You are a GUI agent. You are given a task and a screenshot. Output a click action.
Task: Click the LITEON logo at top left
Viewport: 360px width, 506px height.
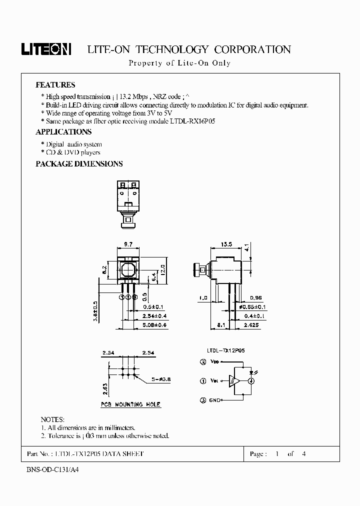tap(46, 48)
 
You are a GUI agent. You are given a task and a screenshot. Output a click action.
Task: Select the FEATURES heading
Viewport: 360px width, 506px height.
tap(55, 85)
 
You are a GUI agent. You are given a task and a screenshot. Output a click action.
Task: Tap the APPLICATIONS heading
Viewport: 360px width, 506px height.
tap(63, 132)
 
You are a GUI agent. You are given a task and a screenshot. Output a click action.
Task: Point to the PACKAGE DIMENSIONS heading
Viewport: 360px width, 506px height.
tap(79, 164)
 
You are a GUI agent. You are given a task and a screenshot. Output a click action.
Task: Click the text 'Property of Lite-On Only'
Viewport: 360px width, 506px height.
tap(179, 63)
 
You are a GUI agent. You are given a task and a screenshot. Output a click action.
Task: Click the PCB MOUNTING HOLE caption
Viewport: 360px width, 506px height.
tap(131, 404)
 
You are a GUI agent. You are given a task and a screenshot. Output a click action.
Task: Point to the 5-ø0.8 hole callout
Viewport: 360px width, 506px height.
tap(160, 379)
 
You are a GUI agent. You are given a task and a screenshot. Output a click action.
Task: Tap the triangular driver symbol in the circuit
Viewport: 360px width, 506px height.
tap(234, 381)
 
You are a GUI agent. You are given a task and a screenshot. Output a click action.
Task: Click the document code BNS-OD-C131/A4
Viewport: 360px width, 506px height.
tap(52, 470)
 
